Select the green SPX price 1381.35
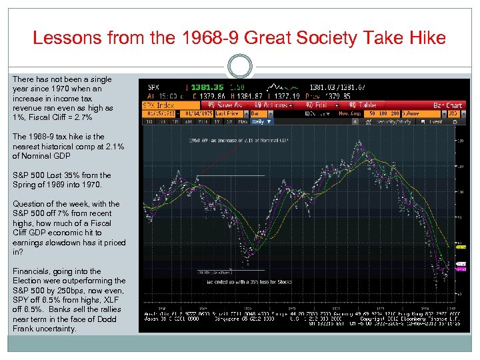point(203,87)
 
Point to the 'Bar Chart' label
point(447,105)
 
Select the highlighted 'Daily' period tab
point(260,122)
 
